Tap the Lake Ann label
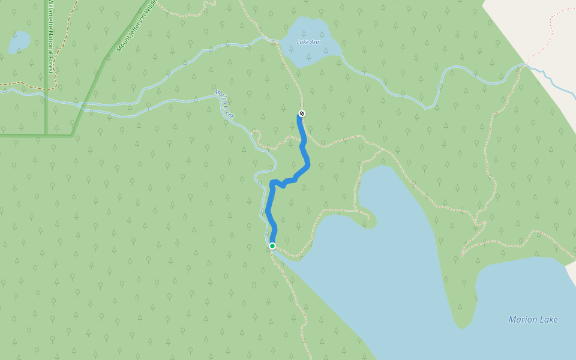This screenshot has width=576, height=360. coord(308,42)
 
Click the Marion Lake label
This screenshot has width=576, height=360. coord(533,319)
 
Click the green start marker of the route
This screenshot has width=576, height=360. coord(272,246)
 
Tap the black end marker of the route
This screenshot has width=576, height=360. coord(302,114)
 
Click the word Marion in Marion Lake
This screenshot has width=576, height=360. coord(521,319)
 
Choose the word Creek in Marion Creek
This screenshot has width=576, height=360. coord(230,111)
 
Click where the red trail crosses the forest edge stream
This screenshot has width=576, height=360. coord(526,64)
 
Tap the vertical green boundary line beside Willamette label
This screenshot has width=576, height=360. coord(46,90)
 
